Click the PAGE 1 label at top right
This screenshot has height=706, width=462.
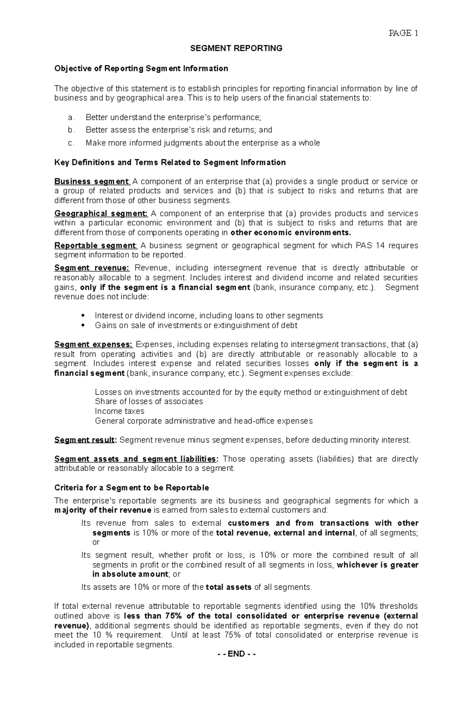pyautogui.click(x=403, y=33)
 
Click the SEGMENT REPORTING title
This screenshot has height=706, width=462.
pyautogui.click(x=236, y=48)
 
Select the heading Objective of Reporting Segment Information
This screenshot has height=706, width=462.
pyautogui.click(x=141, y=68)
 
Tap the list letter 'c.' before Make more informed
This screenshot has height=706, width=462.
pyautogui.click(x=71, y=143)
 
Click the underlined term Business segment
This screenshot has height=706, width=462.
pyautogui.click(x=92, y=182)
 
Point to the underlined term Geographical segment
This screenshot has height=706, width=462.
pyautogui.click(x=101, y=214)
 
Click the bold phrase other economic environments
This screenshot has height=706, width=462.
pyautogui.click(x=291, y=233)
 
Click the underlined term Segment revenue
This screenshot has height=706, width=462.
pyautogui.click(x=92, y=268)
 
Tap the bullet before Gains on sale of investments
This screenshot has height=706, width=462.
pyautogui.click(x=84, y=325)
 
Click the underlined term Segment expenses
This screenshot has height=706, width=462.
pyautogui.click(x=93, y=344)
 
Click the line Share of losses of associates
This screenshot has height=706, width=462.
pyautogui.click(x=149, y=402)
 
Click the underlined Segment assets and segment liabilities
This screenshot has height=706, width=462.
pyautogui.click(x=136, y=459)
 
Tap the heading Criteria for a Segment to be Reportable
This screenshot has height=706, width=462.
pyautogui.click(x=132, y=488)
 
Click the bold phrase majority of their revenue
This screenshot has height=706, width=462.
pyautogui.click(x=103, y=511)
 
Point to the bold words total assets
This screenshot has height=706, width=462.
pyautogui.click(x=229, y=587)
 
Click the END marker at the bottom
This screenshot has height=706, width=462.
pyautogui.click(x=236, y=654)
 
